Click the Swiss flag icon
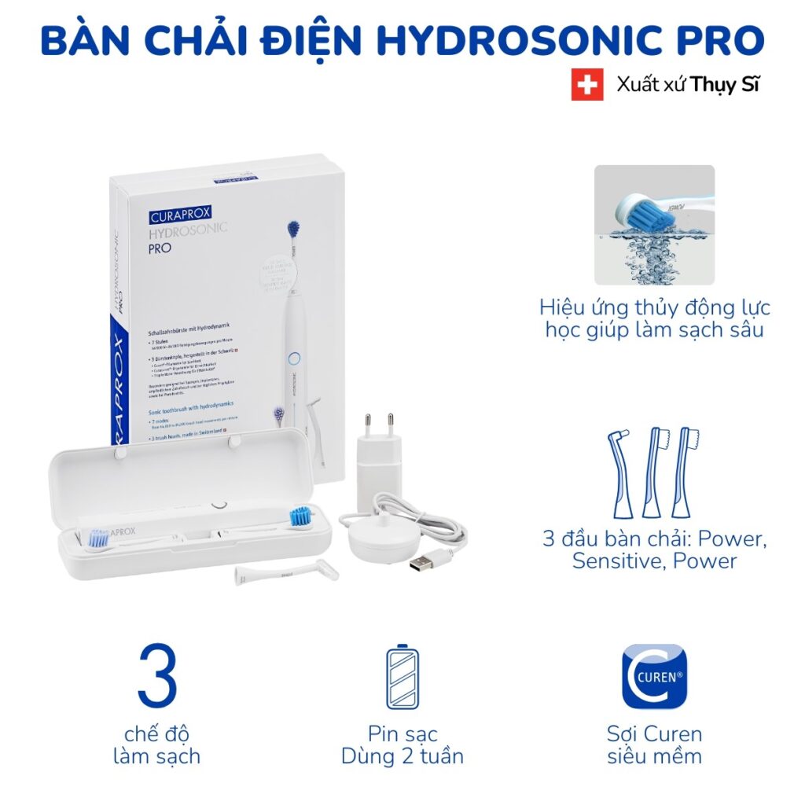[x=587, y=86]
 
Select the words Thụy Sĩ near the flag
[x=726, y=86]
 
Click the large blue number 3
[x=157, y=675]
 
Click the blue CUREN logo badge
[x=654, y=676]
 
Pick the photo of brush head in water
[x=654, y=224]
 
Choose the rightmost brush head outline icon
[x=686, y=472]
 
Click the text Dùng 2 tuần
[x=402, y=756]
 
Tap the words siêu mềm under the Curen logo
[x=654, y=756]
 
